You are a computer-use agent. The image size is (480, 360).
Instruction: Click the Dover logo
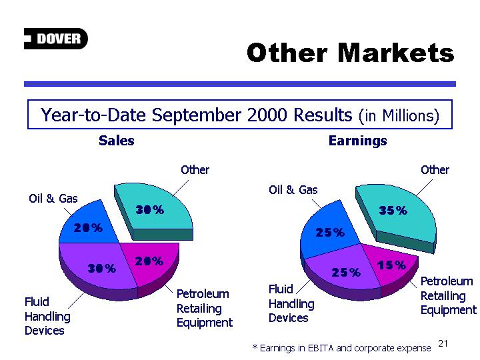click(x=56, y=39)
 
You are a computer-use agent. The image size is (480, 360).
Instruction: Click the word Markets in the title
click(x=396, y=53)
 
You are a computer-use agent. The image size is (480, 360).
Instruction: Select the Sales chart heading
click(x=116, y=141)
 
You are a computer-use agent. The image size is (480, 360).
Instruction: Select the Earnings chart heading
click(x=357, y=141)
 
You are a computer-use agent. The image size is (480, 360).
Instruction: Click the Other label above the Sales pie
click(x=195, y=170)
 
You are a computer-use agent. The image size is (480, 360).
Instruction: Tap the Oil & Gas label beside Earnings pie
click(x=293, y=190)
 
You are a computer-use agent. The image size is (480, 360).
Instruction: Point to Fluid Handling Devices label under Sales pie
click(x=47, y=316)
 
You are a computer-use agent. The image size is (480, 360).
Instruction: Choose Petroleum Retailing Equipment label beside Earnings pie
click(x=448, y=296)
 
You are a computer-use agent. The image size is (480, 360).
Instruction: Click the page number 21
click(x=443, y=344)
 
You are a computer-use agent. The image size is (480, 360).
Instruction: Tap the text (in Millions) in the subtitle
click(x=399, y=116)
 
